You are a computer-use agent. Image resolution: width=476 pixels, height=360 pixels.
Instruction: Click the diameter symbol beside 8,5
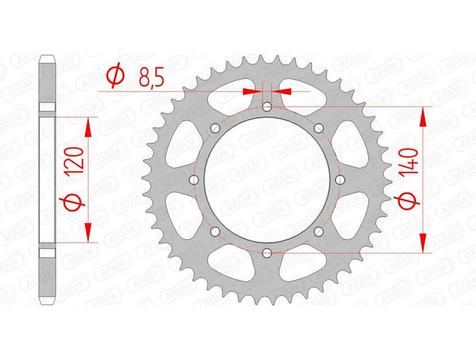pos(115,76)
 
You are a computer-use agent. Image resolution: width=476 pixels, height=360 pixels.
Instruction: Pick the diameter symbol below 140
pos(407,201)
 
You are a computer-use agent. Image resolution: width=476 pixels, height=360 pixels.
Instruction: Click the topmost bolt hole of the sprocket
pos(267,107)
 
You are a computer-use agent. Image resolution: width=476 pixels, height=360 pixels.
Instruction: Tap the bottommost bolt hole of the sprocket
pos(267,252)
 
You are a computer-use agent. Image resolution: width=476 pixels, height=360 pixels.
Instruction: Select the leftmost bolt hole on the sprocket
pos(194,180)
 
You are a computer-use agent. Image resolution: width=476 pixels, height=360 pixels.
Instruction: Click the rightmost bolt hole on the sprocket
pos(340,180)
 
